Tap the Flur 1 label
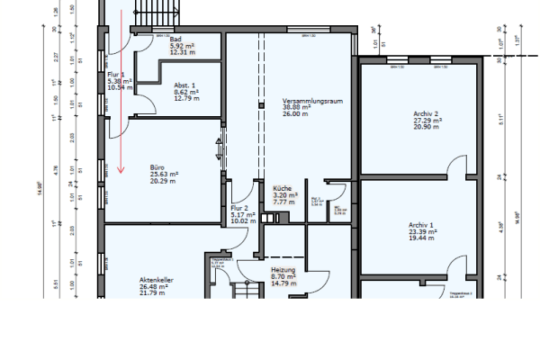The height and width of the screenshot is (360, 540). coord(114,74)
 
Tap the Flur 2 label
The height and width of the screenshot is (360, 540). coord(238,208)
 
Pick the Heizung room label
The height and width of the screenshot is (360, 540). coord(283,269)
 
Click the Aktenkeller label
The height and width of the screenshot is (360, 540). coord(156,280)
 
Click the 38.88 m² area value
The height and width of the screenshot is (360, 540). coord(296,106)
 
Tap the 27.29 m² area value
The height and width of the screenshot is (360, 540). coord(425,120)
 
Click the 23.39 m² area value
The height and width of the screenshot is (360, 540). coord(422,231)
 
